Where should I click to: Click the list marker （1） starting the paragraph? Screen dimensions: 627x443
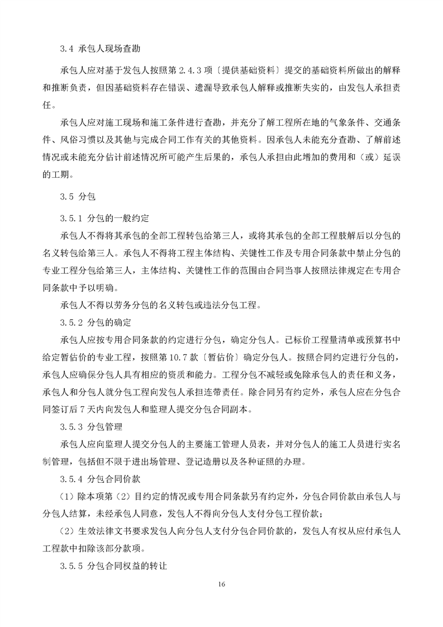click(69, 496)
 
